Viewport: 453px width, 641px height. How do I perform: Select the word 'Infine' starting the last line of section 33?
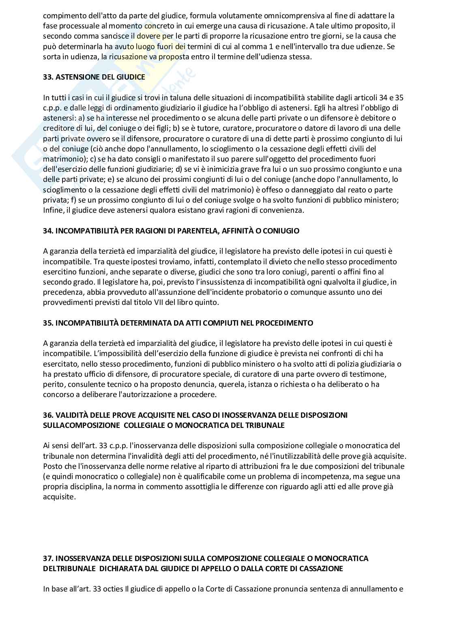pos(52,210)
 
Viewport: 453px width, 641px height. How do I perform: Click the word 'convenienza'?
pos(284,210)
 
